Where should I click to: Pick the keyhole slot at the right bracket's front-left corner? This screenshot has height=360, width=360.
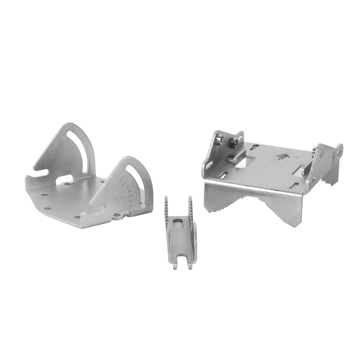223,175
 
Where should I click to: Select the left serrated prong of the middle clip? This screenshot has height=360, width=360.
166,209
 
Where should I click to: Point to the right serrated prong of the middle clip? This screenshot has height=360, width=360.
190,209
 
